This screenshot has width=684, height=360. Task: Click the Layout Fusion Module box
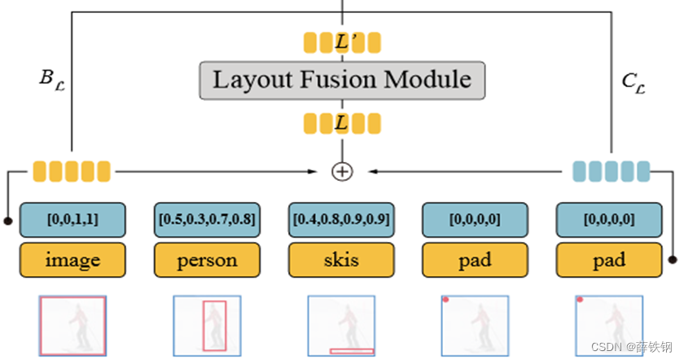(342, 80)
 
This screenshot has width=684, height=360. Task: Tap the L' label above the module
(342, 42)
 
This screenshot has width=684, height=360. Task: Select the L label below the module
(342, 123)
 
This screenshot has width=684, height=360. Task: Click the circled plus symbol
(342, 171)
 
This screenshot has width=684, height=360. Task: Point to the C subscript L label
(634, 80)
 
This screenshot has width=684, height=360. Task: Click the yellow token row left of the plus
(72, 171)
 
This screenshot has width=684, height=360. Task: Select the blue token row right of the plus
(612, 171)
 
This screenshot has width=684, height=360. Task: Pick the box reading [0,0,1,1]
(72, 219)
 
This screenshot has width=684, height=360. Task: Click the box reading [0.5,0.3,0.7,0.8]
(207, 219)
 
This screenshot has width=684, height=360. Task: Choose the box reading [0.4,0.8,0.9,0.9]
(341, 219)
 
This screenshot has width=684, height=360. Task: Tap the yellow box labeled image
(72, 260)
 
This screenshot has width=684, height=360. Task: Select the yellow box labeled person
(207, 260)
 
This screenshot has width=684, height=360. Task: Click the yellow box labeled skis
(341, 260)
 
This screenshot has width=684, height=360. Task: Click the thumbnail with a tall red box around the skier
(207, 325)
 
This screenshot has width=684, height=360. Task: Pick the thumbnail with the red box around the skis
(341, 325)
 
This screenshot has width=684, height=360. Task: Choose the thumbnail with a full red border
(72, 325)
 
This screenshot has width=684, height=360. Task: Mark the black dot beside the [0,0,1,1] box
(8, 220)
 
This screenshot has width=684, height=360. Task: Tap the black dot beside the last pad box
(673, 261)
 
